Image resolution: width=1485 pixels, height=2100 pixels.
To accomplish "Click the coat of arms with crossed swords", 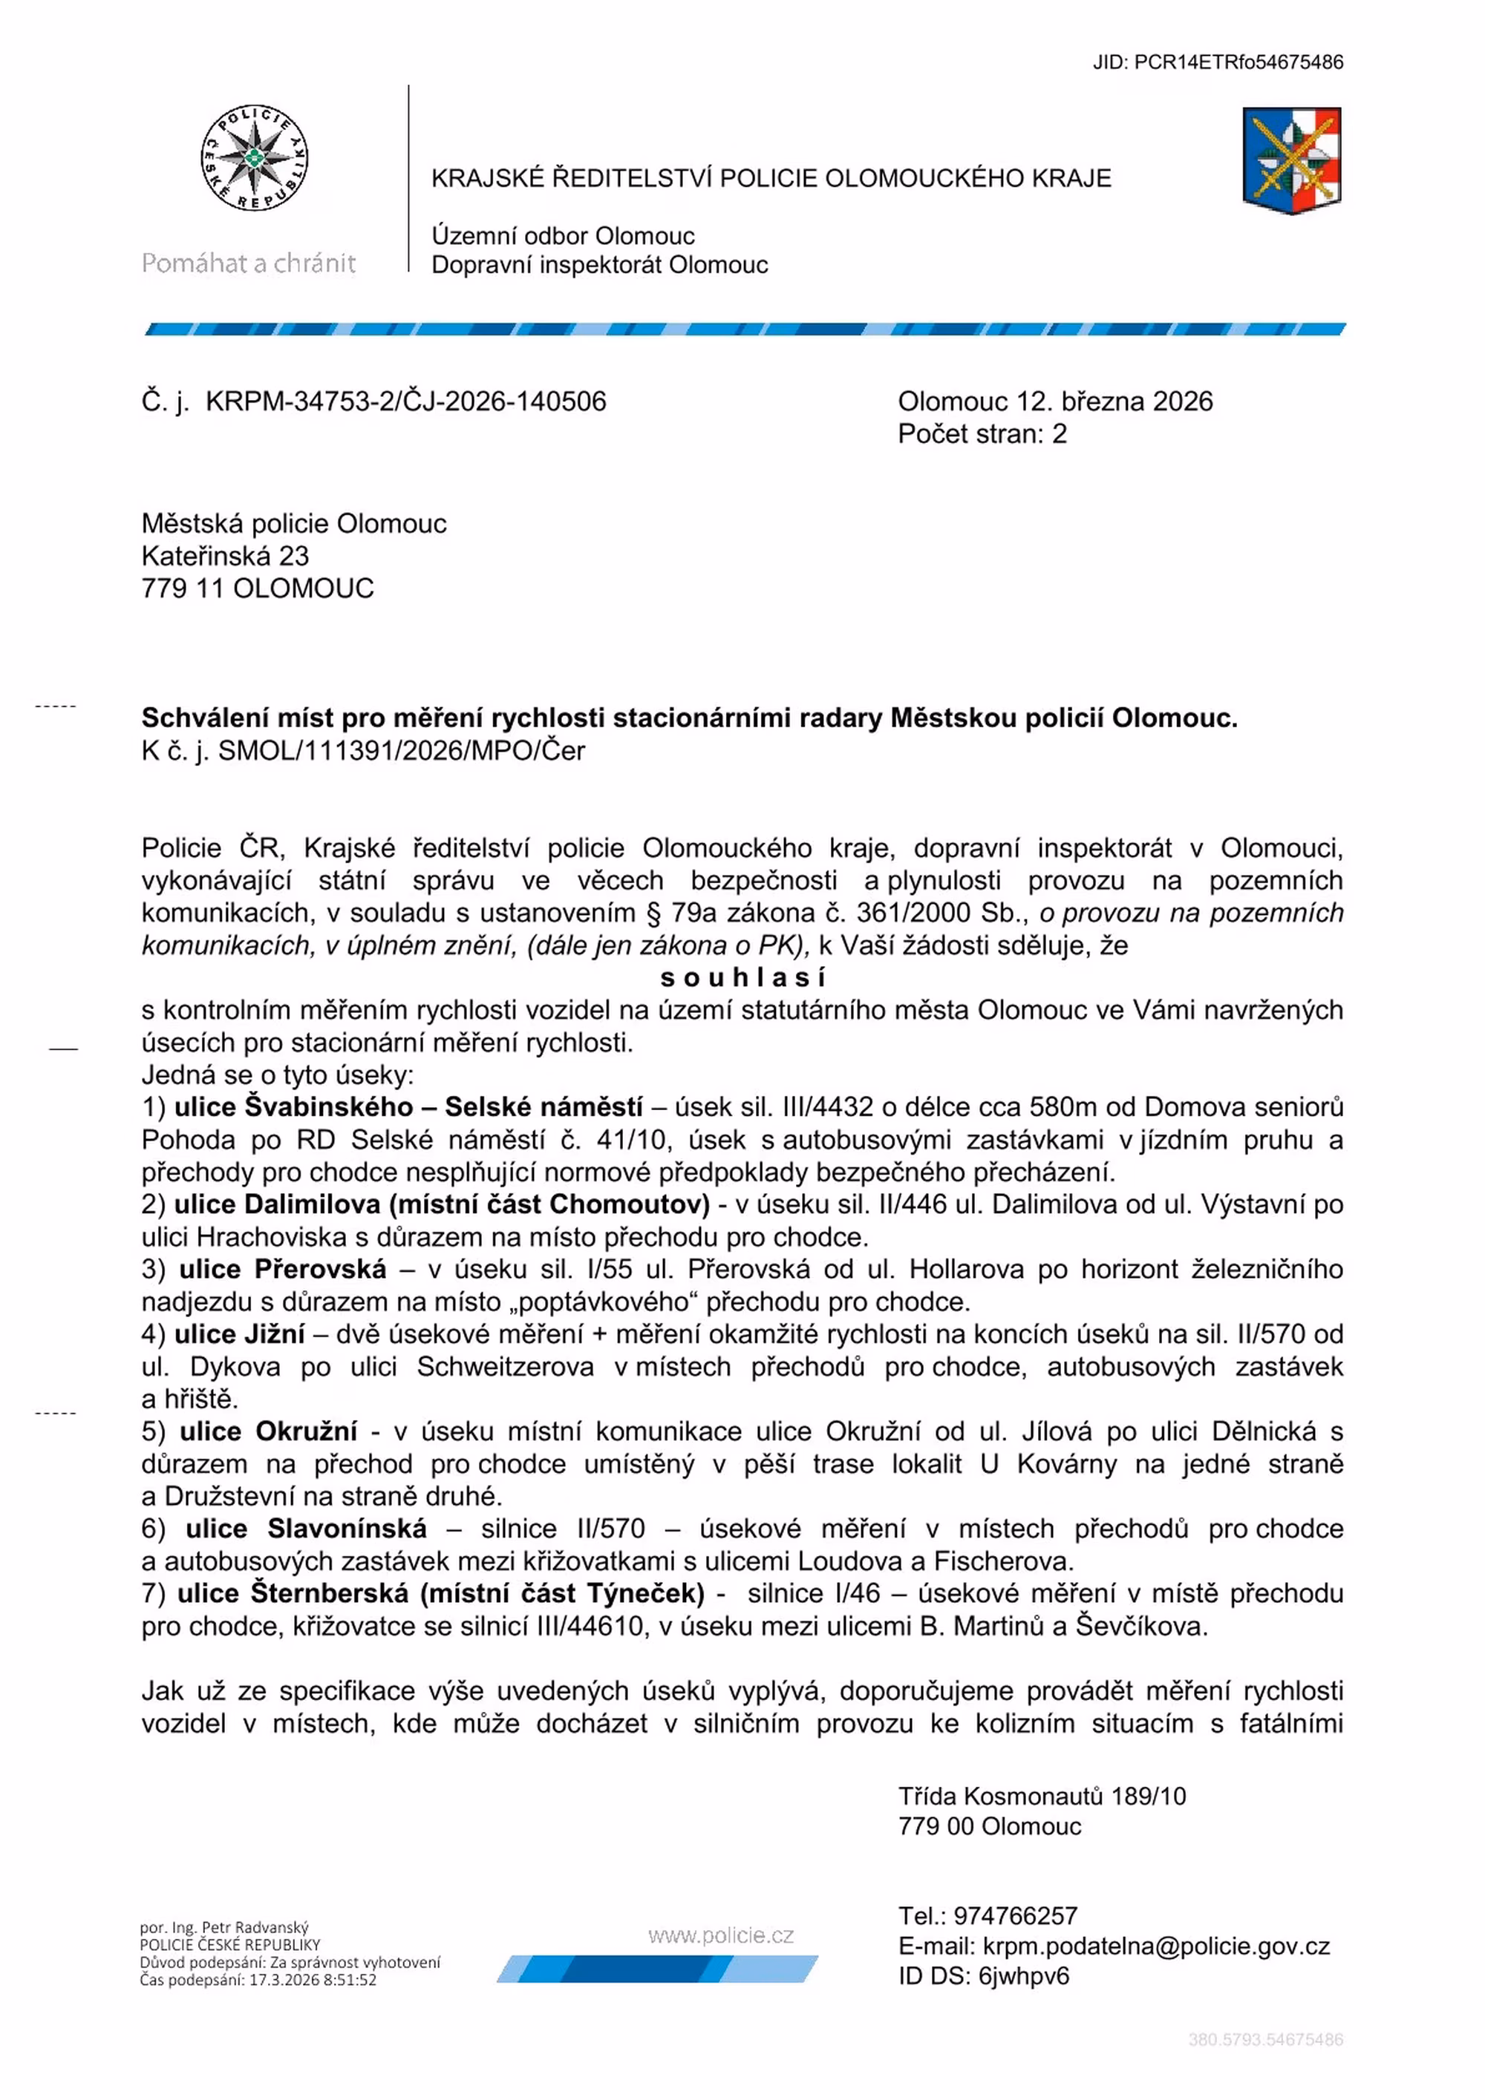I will click(x=1291, y=161).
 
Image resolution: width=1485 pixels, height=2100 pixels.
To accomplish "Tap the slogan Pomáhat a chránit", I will click(x=248, y=263).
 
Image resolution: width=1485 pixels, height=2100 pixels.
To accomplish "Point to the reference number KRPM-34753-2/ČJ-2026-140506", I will click(x=405, y=401).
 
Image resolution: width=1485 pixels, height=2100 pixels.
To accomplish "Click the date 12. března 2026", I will click(x=1114, y=401).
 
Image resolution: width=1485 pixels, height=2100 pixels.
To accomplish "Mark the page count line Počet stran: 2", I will click(x=982, y=433).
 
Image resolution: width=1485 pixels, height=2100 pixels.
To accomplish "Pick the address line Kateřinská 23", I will click(x=225, y=555).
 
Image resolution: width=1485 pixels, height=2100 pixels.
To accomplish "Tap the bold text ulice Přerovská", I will click(x=283, y=1269).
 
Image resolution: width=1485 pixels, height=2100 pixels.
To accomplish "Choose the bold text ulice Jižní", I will click(x=240, y=1333).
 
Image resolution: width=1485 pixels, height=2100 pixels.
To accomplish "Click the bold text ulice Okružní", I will click(x=268, y=1431).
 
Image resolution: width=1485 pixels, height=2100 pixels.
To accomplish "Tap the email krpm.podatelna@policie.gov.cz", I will click(x=1155, y=1946).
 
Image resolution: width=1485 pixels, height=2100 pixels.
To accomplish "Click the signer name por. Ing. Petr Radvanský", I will click(x=224, y=1927).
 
